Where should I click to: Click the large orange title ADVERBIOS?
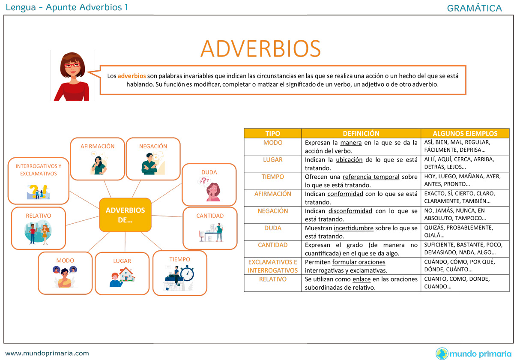pos(260,48)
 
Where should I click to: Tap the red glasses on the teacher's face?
pos(72,65)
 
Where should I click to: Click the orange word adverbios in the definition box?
pos(132,76)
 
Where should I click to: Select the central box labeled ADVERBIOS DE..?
pos(125,215)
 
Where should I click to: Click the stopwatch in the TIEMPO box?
pos(187,273)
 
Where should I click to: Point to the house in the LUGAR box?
pos(127,274)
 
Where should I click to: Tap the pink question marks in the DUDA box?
pos(204,180)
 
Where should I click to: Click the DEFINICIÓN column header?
pos(361,133)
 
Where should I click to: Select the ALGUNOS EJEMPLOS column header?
pos(465,133)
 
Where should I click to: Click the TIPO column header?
pos(272,133)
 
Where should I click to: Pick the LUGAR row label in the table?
pos(273,159)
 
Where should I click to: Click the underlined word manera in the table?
pos(351,143)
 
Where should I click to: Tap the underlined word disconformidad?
pos(350,211)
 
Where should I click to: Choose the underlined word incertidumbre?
pos(353,228)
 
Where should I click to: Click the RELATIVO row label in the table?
pos(273,279)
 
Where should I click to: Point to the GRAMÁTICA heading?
pos(474,8)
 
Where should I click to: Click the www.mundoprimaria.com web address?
pos(47,353)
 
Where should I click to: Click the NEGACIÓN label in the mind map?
pos(153,146)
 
